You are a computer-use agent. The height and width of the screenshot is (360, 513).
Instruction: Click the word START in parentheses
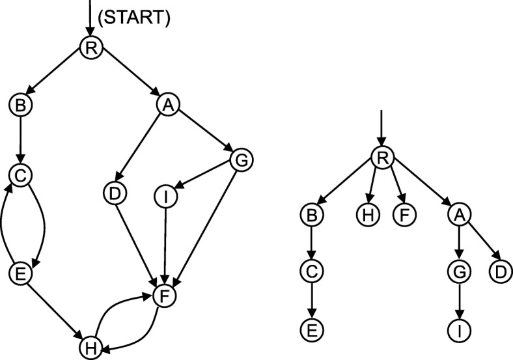coord(133,19)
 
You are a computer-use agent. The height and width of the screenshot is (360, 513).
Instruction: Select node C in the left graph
coord(21,174)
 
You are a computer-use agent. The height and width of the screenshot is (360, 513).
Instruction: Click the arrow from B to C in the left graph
coord(21,137)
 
